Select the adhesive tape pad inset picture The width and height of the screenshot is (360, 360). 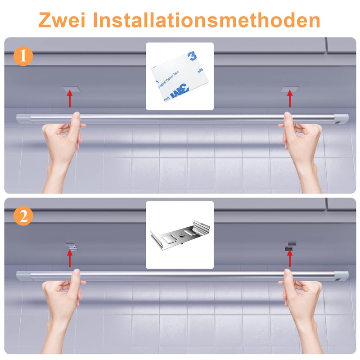(180, 76)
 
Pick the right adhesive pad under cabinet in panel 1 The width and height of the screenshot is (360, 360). (289, 88)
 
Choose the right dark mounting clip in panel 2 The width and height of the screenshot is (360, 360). (289, 247)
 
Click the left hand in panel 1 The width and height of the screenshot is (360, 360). (63, 139)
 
